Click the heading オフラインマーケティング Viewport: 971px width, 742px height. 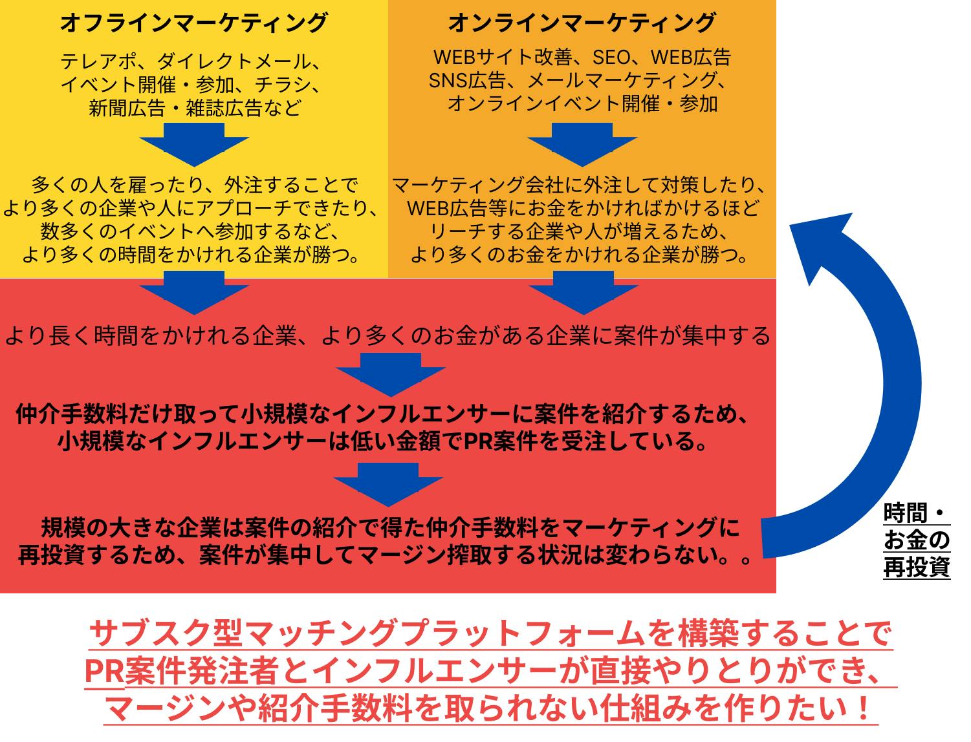click(194, 24)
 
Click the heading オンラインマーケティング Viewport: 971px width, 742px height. click(582, 24)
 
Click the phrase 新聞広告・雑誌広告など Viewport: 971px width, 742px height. click(194, 107)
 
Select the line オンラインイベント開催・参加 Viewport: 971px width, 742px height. click(582, 103)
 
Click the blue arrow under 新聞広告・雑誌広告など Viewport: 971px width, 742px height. click(194, 143)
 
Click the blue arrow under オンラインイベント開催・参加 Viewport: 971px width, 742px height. click(582, 143)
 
